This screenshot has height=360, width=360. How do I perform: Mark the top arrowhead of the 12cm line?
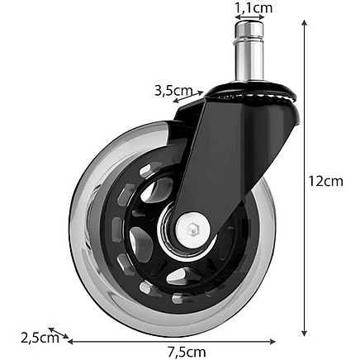[305, 25]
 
